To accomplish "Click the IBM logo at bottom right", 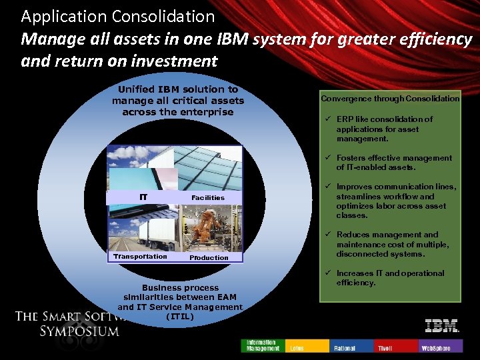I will (441, 326).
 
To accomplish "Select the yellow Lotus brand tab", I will (307, 345).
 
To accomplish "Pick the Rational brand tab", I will (352, 345).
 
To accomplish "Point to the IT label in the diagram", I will (143, 197).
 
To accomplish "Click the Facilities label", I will (208, 197).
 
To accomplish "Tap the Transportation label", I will (140, 257).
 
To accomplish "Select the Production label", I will (209, 257).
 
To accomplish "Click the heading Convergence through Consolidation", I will (390, 99).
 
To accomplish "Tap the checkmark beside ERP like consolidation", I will (327, 119).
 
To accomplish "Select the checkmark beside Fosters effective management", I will (327, 158).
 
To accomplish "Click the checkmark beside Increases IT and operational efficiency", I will (327, 273).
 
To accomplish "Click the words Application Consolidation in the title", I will (118, 16).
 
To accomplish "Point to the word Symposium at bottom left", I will (79, 331).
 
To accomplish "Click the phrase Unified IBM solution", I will (178, 89).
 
